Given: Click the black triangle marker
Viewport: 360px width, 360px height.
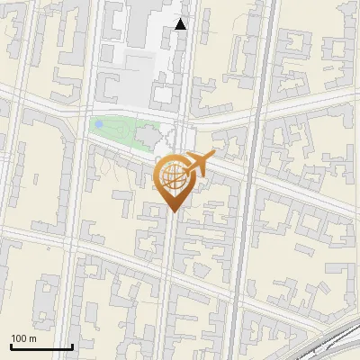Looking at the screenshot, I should pyautogui.click(x=181, y=24).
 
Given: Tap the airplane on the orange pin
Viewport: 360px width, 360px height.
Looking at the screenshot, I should pyautogui.click(x=198, y=165).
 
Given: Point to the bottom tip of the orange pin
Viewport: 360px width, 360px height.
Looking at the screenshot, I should pyautogui.click(x=173, y=212).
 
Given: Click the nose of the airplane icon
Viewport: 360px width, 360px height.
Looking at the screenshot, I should pyautogui.click(x=214, y=155).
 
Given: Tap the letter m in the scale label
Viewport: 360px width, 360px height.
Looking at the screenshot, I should pyautogui.click(x=33, y=338).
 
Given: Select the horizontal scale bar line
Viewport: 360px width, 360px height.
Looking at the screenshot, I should pyautogui.click(x=41, y=346).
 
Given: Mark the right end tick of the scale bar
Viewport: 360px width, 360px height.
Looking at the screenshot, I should pyautogui.click(x=72, y=345).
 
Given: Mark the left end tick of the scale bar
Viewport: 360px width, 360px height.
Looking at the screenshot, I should pyautogui.click(x=11, y=345).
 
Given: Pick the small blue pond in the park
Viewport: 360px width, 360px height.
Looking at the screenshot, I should pyautogui.click(x=98, y=124).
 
